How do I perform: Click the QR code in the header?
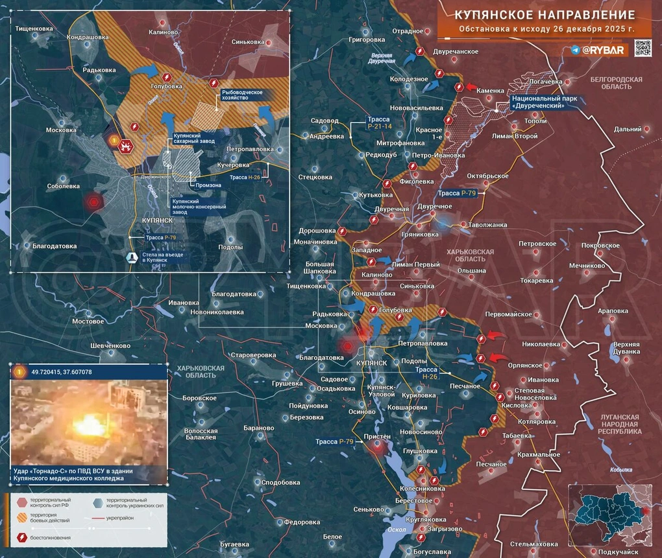pos(643,49)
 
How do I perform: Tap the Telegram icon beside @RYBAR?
pos(576,50)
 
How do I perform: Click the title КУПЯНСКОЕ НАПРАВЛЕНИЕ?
pos(544,14)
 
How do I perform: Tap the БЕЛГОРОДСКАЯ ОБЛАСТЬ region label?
pos(616,83)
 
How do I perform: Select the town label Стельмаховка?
pos(533,543)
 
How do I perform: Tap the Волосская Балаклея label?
pos(201,434)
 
